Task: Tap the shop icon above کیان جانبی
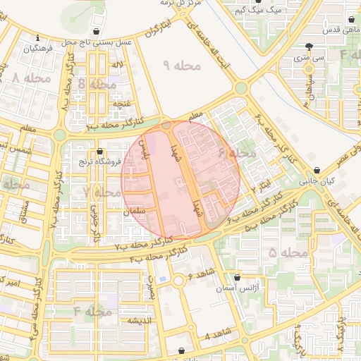click(x=319, y=171)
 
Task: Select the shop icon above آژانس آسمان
click(x=236, y=278)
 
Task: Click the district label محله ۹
click(x=182, y=66)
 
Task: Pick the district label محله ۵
click(x=288, y=252)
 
